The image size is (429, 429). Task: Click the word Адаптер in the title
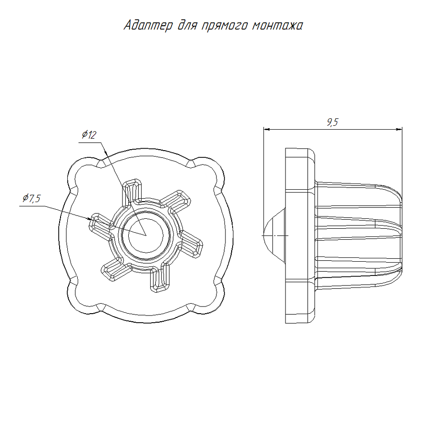pos(148,25)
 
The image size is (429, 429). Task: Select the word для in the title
pos(188,25)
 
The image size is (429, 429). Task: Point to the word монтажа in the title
pos(277,26)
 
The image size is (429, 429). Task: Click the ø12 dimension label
pos(89,134)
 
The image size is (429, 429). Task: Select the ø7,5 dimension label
pos(31,198)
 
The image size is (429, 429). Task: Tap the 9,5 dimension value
pos(332,122)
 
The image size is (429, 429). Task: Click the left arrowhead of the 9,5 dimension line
pos(267,129)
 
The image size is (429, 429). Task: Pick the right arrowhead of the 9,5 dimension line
pos(399,129)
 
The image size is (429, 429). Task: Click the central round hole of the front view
pos(146,235)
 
